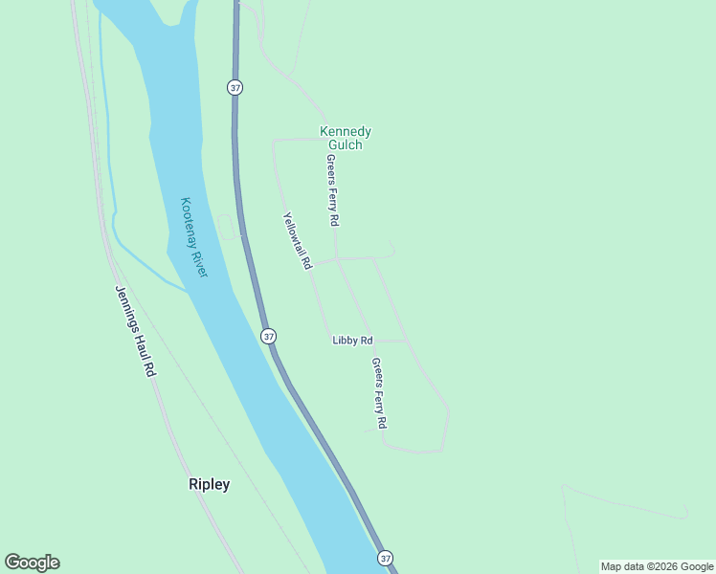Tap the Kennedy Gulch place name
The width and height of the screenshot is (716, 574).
345,138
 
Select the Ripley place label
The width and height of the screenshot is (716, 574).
209,484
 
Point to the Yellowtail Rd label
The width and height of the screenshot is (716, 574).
298,240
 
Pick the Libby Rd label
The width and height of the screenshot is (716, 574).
352,341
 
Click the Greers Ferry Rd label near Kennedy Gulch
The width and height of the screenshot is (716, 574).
332,190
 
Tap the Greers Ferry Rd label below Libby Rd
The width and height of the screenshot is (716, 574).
379,393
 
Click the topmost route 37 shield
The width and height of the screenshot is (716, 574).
235,87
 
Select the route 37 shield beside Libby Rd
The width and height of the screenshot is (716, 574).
268,336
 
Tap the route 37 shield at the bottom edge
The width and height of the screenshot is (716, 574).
385,557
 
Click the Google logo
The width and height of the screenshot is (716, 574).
33,563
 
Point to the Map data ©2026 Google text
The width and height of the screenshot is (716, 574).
657,566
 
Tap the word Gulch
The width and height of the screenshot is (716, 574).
345,144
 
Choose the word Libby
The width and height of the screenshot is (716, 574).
344,341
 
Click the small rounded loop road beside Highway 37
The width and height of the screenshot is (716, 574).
227,228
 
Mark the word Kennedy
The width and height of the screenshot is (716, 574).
345,131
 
